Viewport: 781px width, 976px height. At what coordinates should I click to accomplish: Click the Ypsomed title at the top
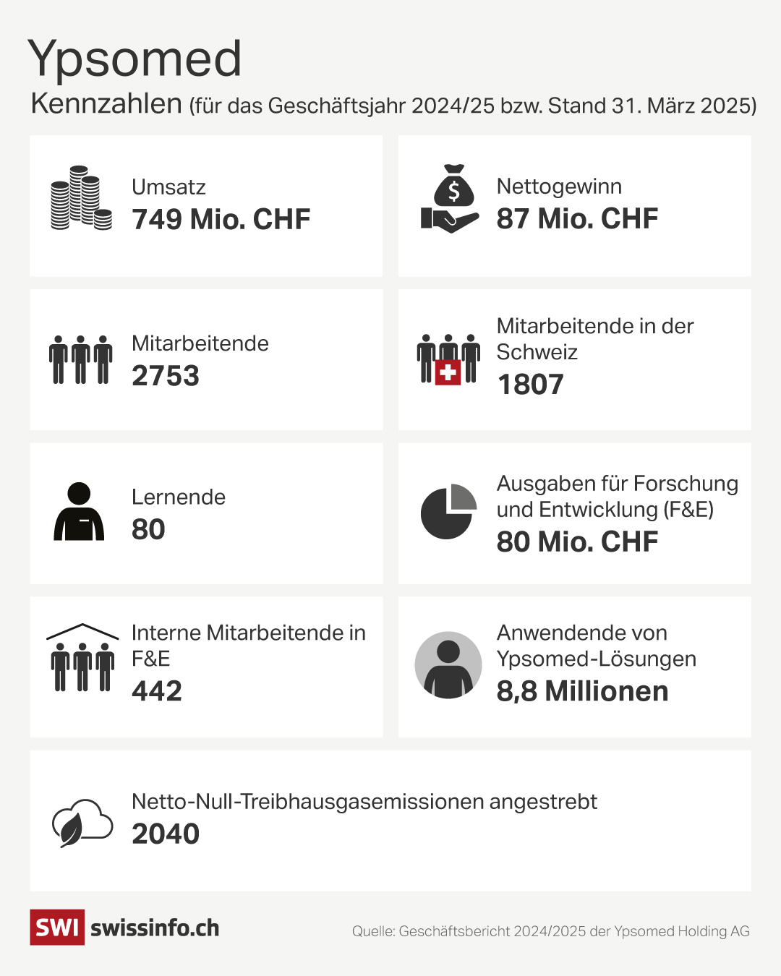(135, 59)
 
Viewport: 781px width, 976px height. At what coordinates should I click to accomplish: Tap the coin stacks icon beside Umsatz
(81, 199)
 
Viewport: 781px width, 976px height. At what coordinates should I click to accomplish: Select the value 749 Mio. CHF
(221, 219)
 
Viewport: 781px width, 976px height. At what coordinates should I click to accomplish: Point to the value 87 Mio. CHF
(577, 218)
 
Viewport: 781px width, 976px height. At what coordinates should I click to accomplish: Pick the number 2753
(165, 375)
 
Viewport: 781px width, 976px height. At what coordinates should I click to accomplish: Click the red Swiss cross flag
(448, 372)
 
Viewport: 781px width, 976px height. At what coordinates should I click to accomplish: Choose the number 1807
(530, 384)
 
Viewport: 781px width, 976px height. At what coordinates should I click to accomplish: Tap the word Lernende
(179, 497)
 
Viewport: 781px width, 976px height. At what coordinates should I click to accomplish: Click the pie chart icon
(448, 512)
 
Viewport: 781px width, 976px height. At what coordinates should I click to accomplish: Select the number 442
(156, 690)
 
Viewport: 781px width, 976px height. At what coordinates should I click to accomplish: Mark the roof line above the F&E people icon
(82, 630)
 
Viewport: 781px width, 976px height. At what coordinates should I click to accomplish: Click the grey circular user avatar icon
(448, 665)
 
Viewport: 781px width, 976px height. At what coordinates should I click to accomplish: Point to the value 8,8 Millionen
(582, 690)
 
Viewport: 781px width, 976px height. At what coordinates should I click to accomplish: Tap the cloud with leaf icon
(82, 823)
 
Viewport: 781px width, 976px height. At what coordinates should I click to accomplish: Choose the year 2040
(165, 834)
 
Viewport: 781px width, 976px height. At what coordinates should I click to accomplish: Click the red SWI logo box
(57, 927)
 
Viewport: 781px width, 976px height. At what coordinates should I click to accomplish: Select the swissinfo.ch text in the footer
(155, 928)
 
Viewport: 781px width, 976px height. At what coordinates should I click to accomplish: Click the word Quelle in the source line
(372, 931)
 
